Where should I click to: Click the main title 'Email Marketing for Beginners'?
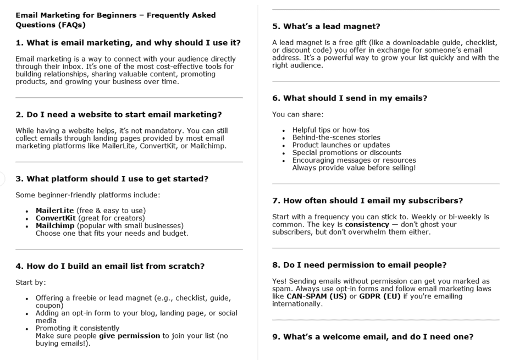point(115,15)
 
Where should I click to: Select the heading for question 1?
point(128,43)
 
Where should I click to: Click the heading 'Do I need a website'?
point(118,114)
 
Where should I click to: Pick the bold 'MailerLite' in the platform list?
point(54,211)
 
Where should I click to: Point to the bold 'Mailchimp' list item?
point(54,225)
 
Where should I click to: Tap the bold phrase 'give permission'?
point(129,335)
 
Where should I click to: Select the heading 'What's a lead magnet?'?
point(327,26)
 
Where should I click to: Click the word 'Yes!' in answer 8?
point(280,281)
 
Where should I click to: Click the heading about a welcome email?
point(373,337)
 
